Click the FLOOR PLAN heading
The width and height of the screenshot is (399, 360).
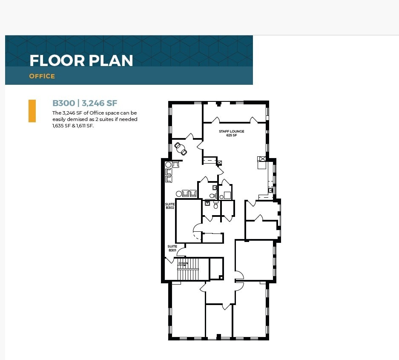coord(81,60)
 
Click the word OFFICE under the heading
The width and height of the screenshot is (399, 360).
coord(42,76)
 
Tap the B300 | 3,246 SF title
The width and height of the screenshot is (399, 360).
coord(85,103)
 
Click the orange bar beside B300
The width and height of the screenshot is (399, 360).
coord(32,111)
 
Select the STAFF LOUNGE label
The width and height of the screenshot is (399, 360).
coord(231,131)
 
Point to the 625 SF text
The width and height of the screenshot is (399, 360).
coord(231,135)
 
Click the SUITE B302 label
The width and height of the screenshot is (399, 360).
coord(170,206)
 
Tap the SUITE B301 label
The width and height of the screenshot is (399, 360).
coord(172,248)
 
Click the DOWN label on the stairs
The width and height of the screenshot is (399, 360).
coord(183,263)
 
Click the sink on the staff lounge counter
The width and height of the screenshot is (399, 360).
coord(270,190)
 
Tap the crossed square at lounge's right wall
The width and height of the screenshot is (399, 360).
coord(262,159)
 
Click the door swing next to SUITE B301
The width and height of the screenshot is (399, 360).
coord(181,251)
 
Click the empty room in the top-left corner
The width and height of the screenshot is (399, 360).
coord(186,120)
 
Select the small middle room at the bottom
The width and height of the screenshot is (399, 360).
coord(218,321)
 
